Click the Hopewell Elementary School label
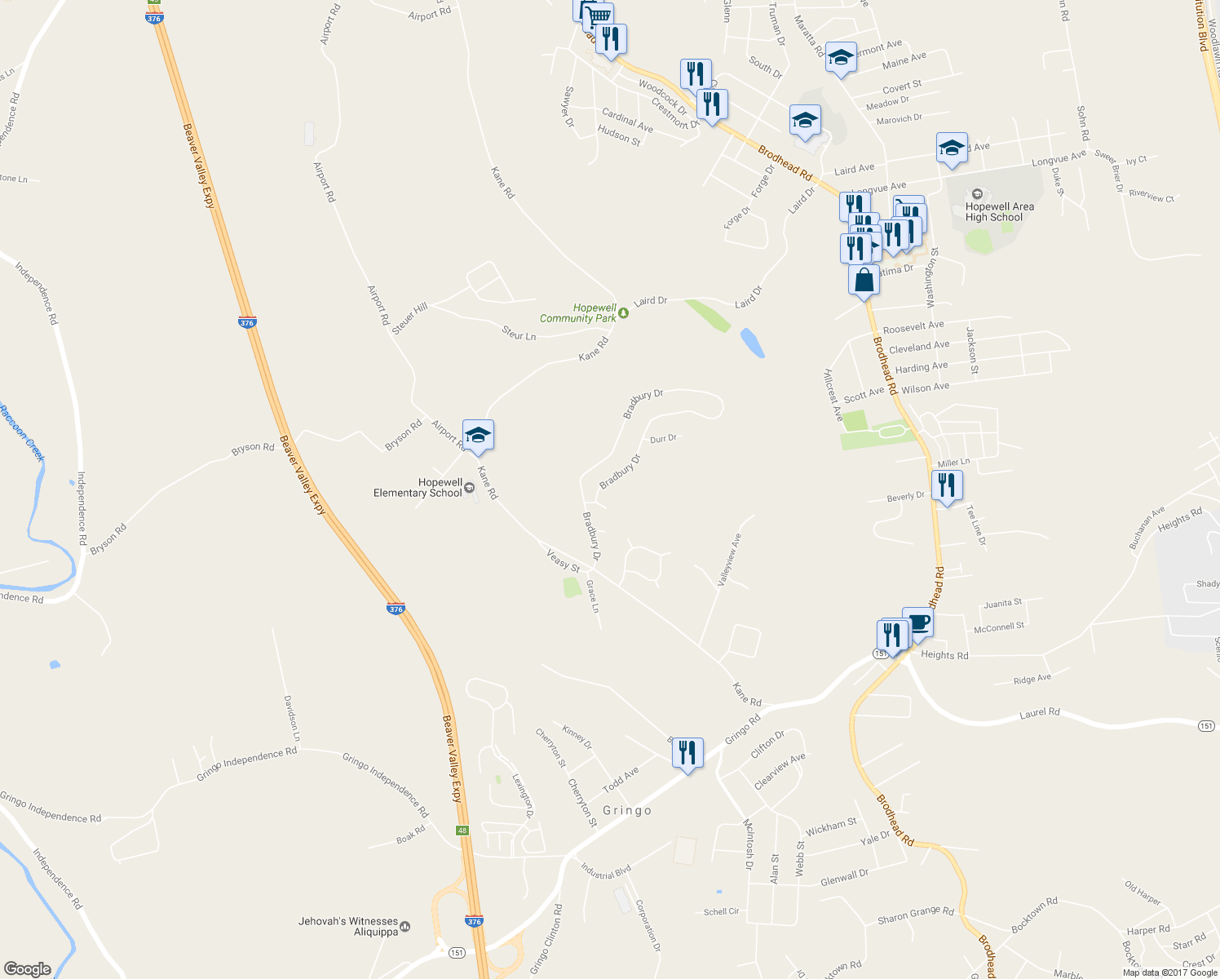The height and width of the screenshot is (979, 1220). tap(418, 488)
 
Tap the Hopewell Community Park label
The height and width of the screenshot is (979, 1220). tap(578, 313)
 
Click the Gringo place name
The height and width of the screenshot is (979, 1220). tap(626, 810)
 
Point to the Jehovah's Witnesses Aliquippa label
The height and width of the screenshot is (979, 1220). tap(348, 926)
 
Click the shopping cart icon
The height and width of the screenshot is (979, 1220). tap(599, 16)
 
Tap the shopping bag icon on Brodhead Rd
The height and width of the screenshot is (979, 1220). tap(864, 280)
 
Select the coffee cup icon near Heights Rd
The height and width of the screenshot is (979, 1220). tap(918, 623)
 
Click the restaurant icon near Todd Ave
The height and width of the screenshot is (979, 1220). tap(687, 753)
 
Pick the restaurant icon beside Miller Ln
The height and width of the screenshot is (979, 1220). tap(946, 486)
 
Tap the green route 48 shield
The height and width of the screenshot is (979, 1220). tap(462, 831)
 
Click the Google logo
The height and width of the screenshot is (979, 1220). tap(27, 969)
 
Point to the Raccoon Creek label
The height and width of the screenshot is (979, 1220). tap(22, 433)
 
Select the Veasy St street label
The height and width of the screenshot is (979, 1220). tap(563, 560)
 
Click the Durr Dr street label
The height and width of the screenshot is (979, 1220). tap(663, 439)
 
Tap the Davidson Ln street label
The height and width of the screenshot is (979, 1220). tap(291, 718)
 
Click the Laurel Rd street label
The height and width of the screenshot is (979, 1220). tap(1039, 713)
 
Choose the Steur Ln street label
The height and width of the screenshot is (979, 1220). tap(519, 333)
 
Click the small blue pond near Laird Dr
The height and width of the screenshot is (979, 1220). tap(753, 343)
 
